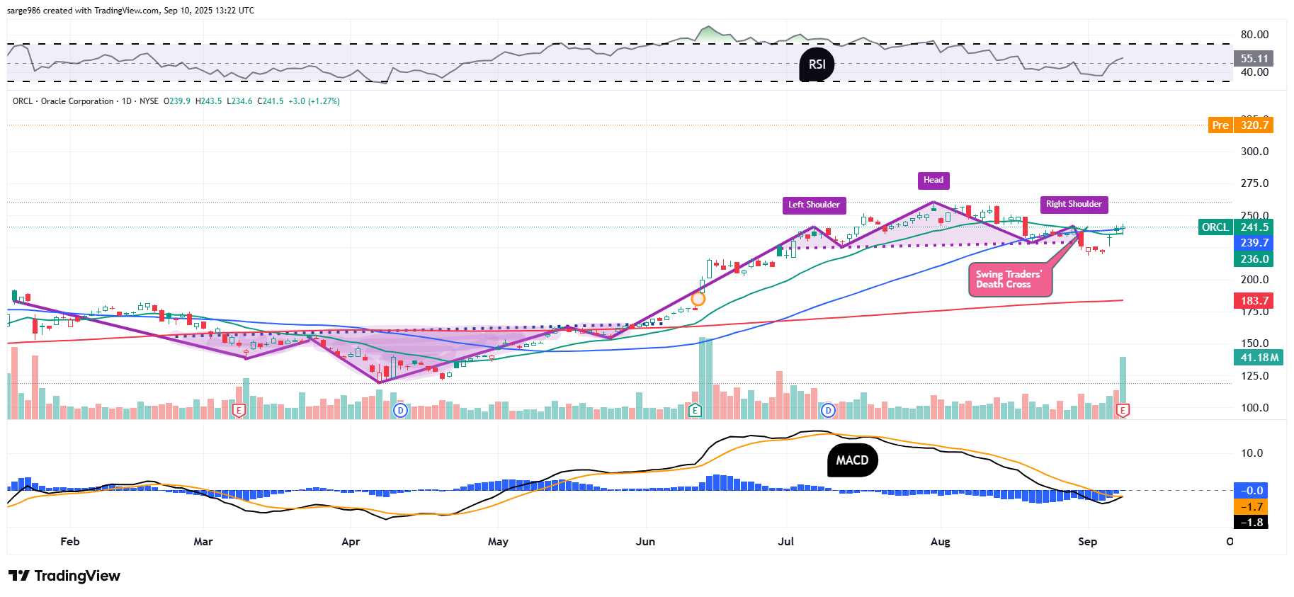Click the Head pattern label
pos(933,180)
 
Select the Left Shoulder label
pos(814,205)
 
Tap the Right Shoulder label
pos(1074,204)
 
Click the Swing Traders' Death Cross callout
pos(1009,280)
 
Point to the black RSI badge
pos(817,64)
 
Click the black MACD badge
pos(852,460)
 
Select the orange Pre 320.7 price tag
pos(1240,125)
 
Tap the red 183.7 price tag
pos(1254,301)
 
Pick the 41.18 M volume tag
pos(1259,358)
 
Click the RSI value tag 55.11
pos(1254,59)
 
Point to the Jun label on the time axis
pos(645,542)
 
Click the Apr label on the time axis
pos(351,542)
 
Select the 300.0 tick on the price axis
pos(1254,152)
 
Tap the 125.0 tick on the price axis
pos(1254,376)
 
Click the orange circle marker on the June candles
pos(698,299)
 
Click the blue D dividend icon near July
pos(828,410)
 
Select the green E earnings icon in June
pos(695,410)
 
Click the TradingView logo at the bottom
pos(64,576)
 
